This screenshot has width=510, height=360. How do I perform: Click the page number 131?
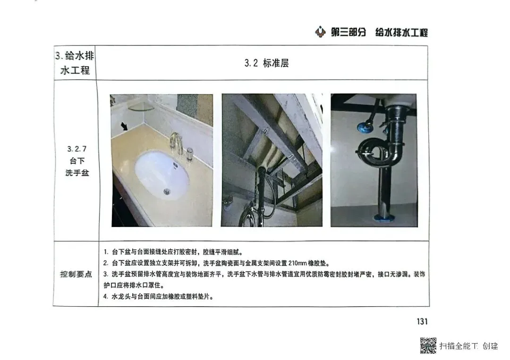422,321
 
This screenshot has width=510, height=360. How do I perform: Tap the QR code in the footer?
428,345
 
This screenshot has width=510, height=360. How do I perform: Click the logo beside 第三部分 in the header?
320,32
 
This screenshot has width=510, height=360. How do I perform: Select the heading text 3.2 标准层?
266,63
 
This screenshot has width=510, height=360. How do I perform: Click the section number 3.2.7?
77,149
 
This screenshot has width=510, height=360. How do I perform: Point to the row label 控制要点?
76,274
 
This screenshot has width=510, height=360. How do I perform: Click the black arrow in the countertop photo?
124,126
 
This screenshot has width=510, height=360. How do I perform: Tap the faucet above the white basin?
176,143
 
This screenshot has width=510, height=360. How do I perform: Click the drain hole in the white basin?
167,192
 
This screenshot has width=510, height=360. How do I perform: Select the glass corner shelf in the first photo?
141,107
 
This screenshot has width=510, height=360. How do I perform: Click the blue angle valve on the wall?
363,127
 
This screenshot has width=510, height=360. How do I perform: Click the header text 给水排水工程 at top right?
401,32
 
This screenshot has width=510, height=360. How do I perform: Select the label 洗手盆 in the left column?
77,173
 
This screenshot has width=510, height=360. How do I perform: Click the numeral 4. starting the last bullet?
106,297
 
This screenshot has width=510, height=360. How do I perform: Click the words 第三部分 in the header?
348,32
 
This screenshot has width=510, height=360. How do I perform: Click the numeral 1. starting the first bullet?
106,252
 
